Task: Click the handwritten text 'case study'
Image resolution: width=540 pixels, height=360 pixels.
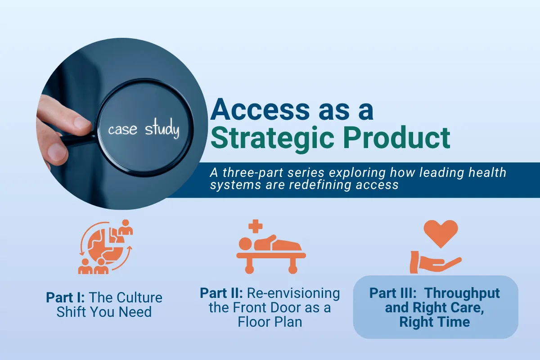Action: tap(143, 130)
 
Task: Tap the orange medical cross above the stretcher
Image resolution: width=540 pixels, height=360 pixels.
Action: tap(255, 226)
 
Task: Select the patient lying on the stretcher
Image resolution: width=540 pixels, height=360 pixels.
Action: tap(270, 244)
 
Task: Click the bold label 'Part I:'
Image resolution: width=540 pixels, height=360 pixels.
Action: tap(67, 298)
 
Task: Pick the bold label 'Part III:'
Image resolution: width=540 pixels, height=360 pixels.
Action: tap(393, 293)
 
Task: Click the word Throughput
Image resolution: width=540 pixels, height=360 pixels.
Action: tap(462, 293)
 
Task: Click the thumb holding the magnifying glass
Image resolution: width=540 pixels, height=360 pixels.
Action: tap(57, 153)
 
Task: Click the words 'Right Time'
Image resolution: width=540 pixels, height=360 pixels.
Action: tap(435, 322)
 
